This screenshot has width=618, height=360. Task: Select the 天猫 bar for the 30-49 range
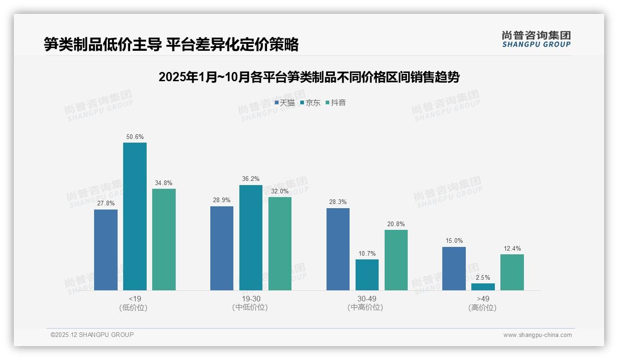click(338, 249)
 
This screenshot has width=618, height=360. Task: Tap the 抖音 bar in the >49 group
click(512, 272)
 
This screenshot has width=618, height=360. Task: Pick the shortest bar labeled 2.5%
click(483, 287)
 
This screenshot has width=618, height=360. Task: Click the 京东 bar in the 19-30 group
click(251, 238)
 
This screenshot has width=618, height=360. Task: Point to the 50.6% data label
click(135, 137)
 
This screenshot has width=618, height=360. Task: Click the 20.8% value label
click(396, 224)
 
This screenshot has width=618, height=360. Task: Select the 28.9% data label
click(222, 200)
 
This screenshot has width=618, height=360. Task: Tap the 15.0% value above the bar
click(454, 241)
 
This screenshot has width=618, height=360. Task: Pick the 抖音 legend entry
click(336, 103)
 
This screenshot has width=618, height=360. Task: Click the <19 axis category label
click(135, 299)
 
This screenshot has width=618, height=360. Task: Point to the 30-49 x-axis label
click(367, 299)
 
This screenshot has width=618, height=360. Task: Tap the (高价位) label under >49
click(483, 308)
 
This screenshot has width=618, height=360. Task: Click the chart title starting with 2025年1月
click(309, 77)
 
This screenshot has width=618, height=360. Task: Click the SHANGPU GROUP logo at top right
click(536, 39)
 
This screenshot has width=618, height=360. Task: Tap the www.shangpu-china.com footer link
click(537, 335)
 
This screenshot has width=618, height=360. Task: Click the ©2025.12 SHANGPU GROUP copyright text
click(92, 335)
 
